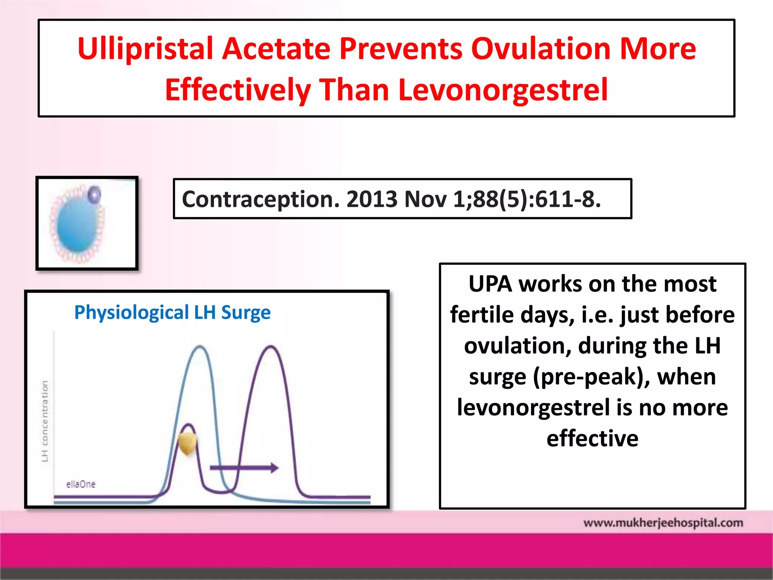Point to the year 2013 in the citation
click(x=372, y=199)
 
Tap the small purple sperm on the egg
click(x=94, y=194)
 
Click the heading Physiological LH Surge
click(x=172, y=312)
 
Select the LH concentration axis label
click(x=45, y=421)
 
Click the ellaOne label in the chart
click(x=81, y=484)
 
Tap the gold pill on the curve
click(x=188, y=443)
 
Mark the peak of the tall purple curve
click(x=271, y=346)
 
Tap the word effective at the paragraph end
click(x=592, y=438)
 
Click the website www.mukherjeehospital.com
click(x=663, y=523)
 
